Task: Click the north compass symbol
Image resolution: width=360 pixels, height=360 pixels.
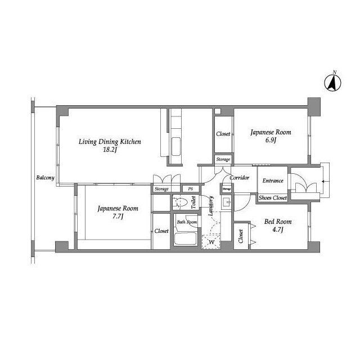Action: click(x=332, y=82)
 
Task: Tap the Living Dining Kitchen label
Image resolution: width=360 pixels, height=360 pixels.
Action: click(x=110, y=142)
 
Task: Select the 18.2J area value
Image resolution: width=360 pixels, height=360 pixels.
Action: click(x=110, y=150)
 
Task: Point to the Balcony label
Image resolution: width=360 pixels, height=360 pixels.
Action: click(x=45, y=178)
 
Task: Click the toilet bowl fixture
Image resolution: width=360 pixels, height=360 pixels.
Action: click(x=181, y=202)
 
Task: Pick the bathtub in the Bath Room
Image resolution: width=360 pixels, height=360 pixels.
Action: click(x=185, y=238)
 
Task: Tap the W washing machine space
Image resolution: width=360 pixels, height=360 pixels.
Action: click(x=211, y=242)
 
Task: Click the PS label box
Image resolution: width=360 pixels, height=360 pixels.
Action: click(x=191, y=189)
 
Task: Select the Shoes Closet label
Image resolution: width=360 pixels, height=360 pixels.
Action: click(x=273, y=197)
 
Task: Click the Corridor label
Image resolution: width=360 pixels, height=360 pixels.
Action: click(x=240, y=178)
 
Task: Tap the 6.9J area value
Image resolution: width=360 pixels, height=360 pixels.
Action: click(x=271, y=140)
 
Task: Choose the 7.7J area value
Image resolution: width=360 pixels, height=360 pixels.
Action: click(x=118, y=216)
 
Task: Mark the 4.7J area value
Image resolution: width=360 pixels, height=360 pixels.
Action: click(x=277, y=229)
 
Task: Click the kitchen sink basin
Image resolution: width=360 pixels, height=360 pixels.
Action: click(x=176, y=146)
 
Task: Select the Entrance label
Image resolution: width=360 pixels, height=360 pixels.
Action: click(x=273, y=181)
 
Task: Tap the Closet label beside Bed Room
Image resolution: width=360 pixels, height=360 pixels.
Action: click(x=241, y=236)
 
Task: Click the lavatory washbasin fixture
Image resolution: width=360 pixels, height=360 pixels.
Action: click(x=226, y=202)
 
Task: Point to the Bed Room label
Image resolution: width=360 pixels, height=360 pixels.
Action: click(x=278, y=222)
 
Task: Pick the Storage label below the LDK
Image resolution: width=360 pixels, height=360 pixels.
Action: click(x=161, y=189)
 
